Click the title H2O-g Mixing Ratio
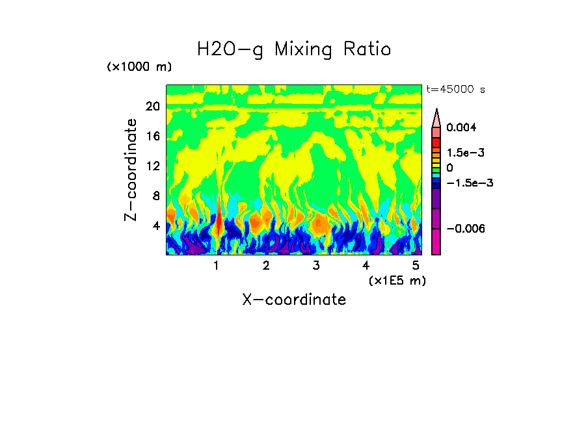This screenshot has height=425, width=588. [294, 49]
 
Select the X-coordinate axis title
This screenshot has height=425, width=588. [294, 300]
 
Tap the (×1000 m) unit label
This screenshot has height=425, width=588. [139, 68]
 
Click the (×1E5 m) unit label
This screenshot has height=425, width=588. [397, 281]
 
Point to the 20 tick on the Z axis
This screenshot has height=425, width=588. [152, 107]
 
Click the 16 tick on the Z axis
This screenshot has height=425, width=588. [152, 136]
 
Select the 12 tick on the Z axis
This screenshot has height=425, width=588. [152, 166]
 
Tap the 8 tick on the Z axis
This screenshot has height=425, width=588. [155, 196]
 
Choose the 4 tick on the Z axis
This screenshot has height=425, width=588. [155, 226]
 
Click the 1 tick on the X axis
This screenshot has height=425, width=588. [216, 266]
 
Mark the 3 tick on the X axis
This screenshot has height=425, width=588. [315, 266]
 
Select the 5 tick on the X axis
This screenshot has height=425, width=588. [415, 266]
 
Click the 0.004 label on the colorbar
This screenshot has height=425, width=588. [461, 128]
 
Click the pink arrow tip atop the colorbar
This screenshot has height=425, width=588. [436, 116]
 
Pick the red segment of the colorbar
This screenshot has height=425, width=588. [436, 142]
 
